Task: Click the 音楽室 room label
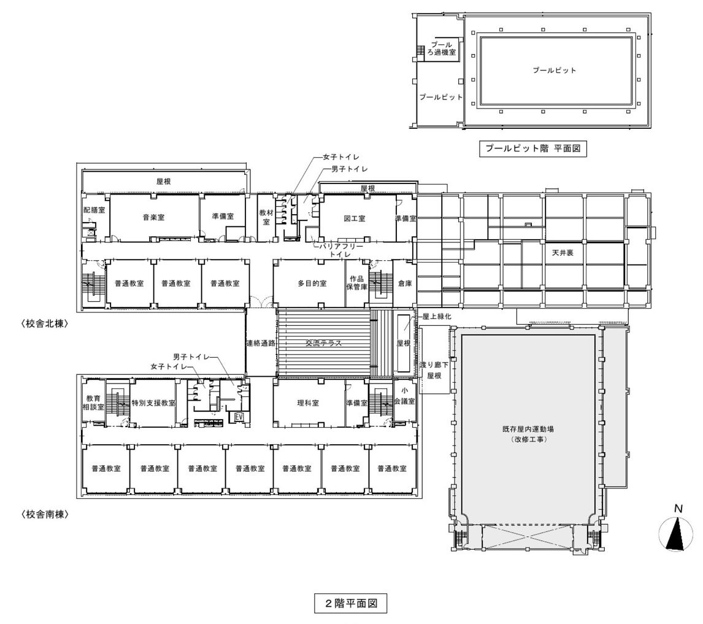[x=154, y=218]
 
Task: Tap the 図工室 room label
[x=355, y=218]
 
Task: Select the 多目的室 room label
[x=312, y=283]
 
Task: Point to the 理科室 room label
[x=308, y=403]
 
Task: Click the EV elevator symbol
[x=239, y=417]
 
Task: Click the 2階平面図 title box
[x=350, y=603]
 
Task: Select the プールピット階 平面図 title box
[x=532, y=148]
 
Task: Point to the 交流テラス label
[x=324, y=343]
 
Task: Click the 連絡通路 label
[x=261, y=343]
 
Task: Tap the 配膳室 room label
[x=94, y=209]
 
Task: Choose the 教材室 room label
[x=266, y=217]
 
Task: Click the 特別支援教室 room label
[x=153, y=403]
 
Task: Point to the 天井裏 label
[x=563, y=253]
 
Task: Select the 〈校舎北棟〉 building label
[x=44, y=324]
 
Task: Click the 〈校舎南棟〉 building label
[x=44, y=515]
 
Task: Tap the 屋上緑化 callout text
[x=437, y=316]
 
